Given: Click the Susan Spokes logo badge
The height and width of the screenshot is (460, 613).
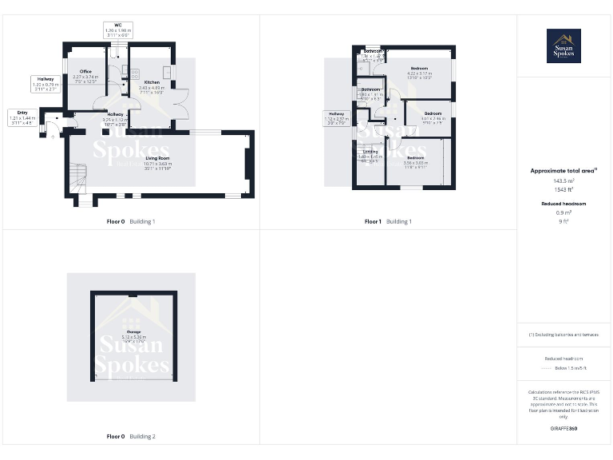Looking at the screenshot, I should [564, 46].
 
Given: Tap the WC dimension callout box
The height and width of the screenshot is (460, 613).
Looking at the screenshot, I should [118, 31].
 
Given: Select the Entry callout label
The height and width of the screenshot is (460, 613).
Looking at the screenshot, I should [22, 117].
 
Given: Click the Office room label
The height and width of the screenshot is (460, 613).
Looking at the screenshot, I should [85, 75].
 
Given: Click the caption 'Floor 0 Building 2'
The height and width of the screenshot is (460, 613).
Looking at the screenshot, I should [131, 437].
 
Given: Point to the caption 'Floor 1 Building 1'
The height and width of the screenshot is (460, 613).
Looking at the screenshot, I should [387, 221].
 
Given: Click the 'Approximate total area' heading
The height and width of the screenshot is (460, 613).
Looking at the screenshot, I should [564, 170].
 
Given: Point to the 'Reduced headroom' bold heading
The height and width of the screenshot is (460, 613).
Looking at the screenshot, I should [564, 204].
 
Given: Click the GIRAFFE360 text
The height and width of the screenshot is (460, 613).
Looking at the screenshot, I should [564, 429].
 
